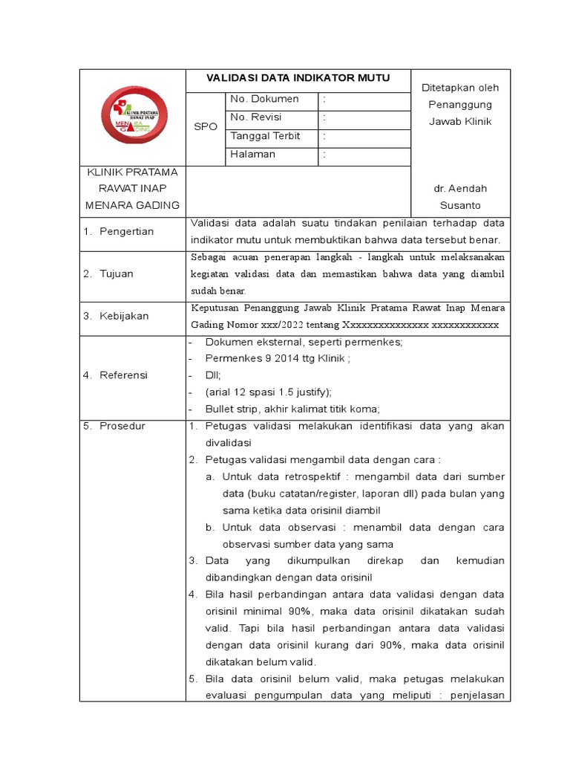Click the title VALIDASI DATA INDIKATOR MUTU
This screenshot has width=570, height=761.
pyautogui.click(x=297, y=79)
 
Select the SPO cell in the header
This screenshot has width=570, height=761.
pyautogui.click(x=205, y=127)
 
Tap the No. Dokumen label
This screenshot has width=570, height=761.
pyautogui.click(x=264, y=99)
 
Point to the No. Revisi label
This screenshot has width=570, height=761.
pyautogui.click(x=256, y=117)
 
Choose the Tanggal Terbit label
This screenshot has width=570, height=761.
pyautogui.click(x=265, y=136)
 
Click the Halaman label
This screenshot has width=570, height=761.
pyautogui.click(x=252, y=155)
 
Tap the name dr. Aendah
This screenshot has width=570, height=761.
pyautogui.click(x=460, y=189)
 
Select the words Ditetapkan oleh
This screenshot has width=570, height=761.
pyautogui.click(x=460, y=88)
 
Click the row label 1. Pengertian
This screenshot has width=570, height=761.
pyautogui.click(x=118, y=232)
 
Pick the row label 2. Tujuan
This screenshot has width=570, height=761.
pyautogui.click(x=108, y=273)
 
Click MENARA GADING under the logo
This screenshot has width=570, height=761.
pyautogui.click(x=133, y=205)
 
